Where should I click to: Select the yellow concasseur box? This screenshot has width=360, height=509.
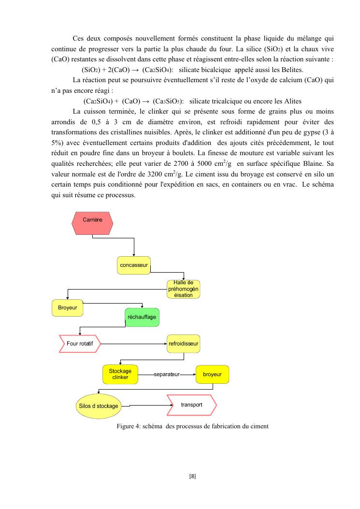pyautogui.click(x=134, y=265)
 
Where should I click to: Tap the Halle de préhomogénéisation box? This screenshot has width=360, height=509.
pyautogui.click(x=184, y=289)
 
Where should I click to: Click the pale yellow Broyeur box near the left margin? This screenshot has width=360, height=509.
pyautogui.click(x=67, y=308)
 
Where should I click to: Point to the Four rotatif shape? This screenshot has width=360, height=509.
pyautogui.click(x=79, y=344)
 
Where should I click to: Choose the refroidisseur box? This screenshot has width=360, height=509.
pyautogui.click(x=183, y=344)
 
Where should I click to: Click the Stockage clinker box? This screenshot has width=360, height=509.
pyautogui.click(x=120, y=374)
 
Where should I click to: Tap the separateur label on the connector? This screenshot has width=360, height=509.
pyautogui.click(x=166, y=374)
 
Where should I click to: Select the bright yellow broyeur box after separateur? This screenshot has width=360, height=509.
pyautogui.click(x=212, y=374)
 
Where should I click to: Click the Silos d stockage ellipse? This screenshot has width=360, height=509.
pyautogui.click(x=98, y=406)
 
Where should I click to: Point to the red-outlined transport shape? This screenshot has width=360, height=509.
pyautogui.click(x=192, y=405)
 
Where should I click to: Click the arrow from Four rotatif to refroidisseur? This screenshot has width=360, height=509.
pyautogui.click(x=133, y=344)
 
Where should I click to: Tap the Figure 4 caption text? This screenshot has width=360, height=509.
pyautogui.click(x=192, y=426)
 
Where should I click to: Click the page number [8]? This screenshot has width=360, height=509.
pyautogui.click(x=192, y=476)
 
